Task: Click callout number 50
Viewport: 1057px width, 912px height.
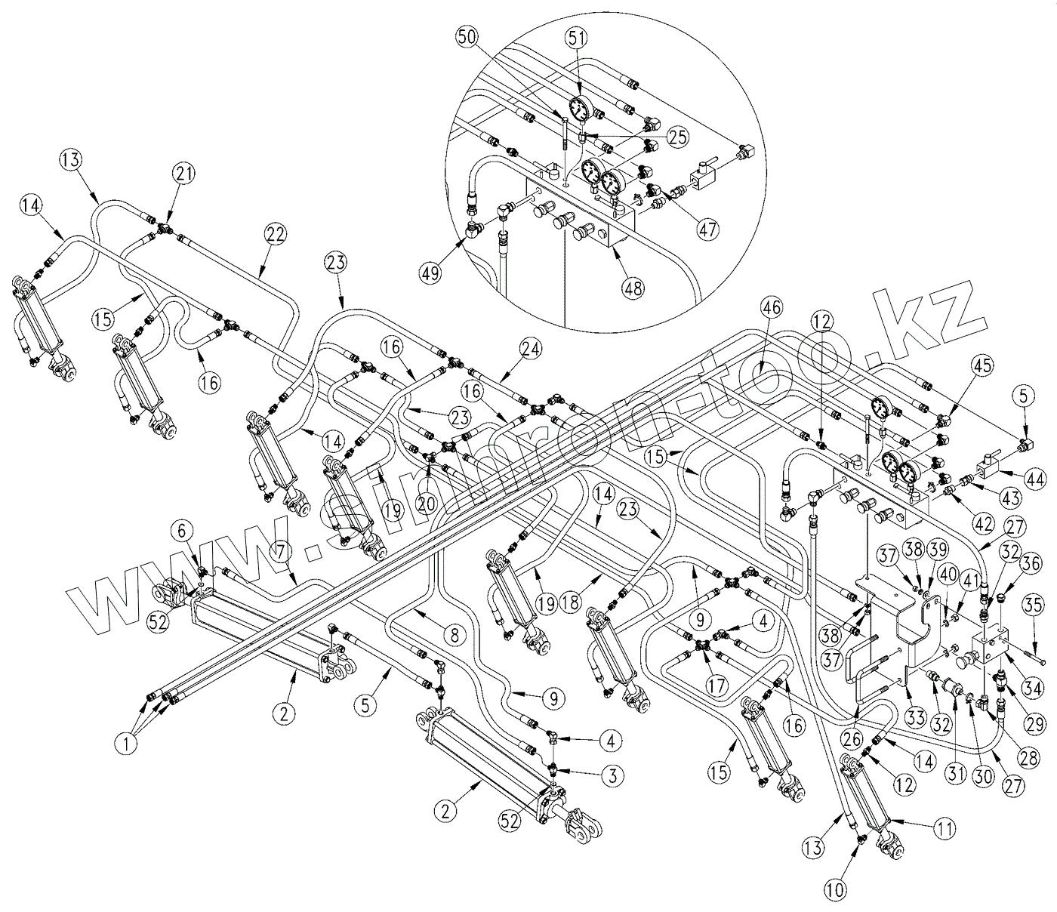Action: tap(466, 37)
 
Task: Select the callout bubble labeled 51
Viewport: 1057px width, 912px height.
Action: tap(579, 37)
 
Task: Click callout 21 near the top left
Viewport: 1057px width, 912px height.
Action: tap(185, 173)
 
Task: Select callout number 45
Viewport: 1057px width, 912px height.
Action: tap(981, 365)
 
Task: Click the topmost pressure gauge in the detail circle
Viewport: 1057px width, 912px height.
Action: tap(580, 109)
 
